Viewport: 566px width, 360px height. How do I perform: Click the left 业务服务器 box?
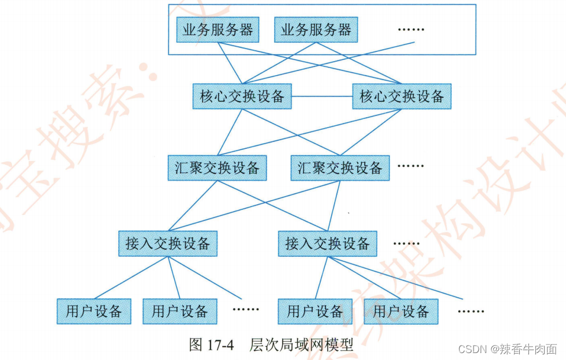(x=218, y=30)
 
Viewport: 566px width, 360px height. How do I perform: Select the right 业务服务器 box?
(x=316, y=30)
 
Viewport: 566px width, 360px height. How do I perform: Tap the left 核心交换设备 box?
(x=242, y=96)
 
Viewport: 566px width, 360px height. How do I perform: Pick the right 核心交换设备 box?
(x=402, y=96)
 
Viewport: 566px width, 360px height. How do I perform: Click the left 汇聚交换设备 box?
(x=217, y=168)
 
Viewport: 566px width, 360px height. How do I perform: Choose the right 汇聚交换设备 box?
(x=340, y=168)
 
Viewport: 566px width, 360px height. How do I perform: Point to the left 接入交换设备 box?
(x=168, y=243)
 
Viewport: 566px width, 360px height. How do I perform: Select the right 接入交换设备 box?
(x=327, y=243)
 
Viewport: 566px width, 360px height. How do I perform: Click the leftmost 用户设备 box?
(x=94, y=312)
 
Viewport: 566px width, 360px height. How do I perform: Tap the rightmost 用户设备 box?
(x=401, y=312)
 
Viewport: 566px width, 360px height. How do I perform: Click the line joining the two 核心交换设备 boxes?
(x=322, y=96)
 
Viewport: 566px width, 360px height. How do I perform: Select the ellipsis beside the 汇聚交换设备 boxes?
(x=410, y=166)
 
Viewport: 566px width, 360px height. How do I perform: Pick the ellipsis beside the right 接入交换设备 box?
(x=406, y=243)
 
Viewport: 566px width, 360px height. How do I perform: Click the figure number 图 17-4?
(x=211, y=345)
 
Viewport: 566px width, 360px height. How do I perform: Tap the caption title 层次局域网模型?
(x=301, y=345)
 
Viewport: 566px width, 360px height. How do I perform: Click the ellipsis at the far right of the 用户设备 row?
(x=471, y=312)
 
